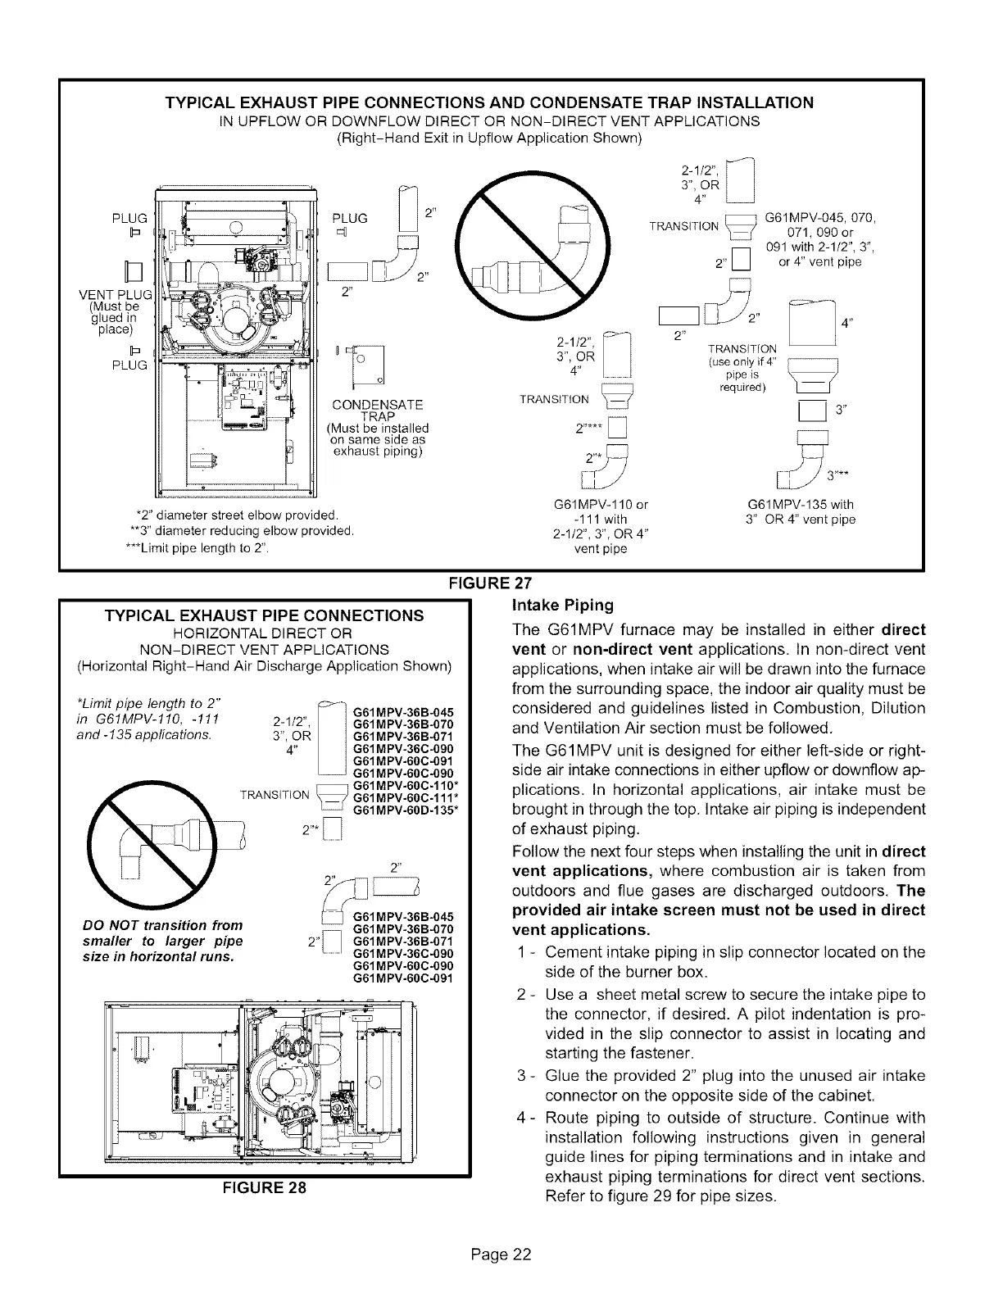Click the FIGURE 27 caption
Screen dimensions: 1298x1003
(x=488, y=583)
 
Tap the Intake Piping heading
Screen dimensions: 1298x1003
(x=562, y=606)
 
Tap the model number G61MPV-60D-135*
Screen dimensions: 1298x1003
(x=402, y=811)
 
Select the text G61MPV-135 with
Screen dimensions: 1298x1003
(x=801, y=505)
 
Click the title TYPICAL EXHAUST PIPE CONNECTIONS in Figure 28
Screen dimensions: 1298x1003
(x=259, y=615)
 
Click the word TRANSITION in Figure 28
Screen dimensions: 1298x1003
(x=274, y=795)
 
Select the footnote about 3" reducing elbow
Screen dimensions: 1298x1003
(x=236, y=532)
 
